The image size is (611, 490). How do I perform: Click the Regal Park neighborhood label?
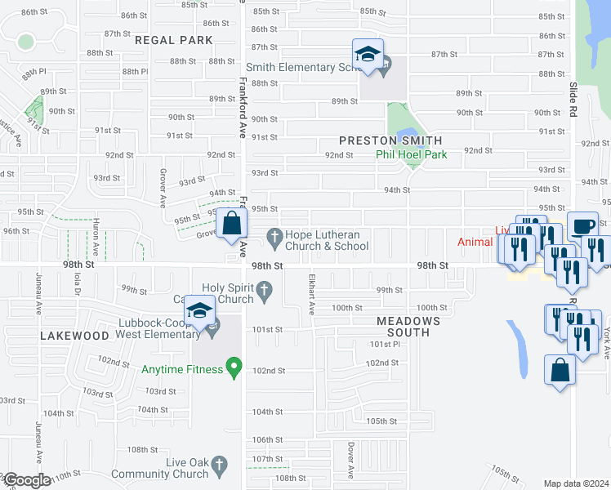coord(173,40)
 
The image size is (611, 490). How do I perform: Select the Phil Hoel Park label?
coord(411,154)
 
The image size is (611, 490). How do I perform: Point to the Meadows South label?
coord(408,327)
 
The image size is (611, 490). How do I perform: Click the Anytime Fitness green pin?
coord(234,369)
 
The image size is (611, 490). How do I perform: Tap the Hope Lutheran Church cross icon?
coord(275,239)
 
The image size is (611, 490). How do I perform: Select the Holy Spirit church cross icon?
coord(264,288)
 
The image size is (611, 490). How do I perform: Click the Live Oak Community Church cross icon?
coord(218,467)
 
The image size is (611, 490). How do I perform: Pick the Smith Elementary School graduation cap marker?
coord(368,55)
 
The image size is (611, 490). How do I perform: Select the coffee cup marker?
coord(582,226)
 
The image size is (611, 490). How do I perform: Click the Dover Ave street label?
coord(350,461)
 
